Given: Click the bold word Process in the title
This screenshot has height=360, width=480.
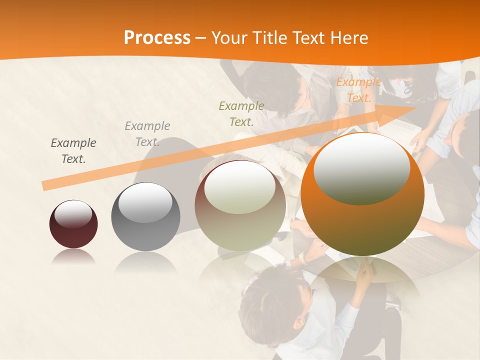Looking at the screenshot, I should tap(157, 38).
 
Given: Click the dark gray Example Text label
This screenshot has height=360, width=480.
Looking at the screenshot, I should tap(73, 151).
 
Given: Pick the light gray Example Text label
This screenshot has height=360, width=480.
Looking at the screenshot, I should tap(147, 134).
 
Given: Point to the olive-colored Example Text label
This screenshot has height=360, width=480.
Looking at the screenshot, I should tap(241, 113).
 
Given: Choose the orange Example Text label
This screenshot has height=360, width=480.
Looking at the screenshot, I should tap(359, 90).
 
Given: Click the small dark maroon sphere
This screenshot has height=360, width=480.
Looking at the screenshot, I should tap(73, 224).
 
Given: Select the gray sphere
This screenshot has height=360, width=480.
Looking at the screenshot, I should tap(145, 216).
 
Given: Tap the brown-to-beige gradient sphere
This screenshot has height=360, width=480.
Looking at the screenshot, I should tap(240, 205).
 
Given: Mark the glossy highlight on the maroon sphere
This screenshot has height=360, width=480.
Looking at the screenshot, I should tap(73, 214).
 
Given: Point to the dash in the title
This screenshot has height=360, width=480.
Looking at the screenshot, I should tap(201, 38).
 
